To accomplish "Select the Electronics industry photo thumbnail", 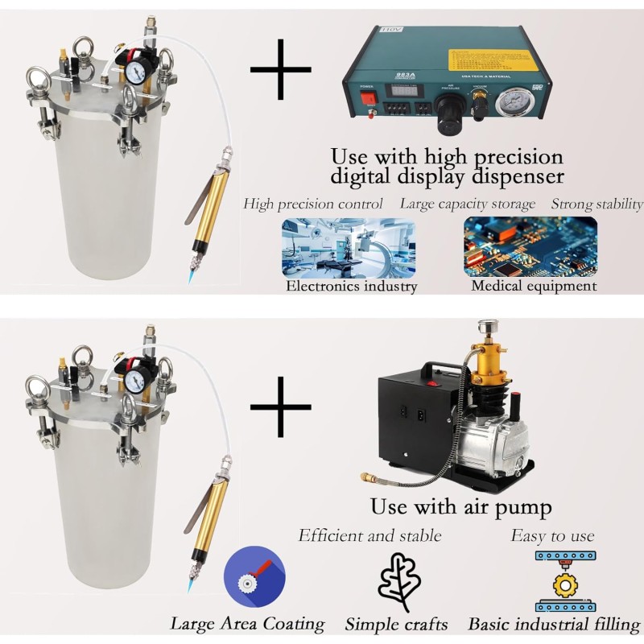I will pyautogui.click(x=330, y=246).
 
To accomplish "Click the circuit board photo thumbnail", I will pyautogui.click(x=530, y=246).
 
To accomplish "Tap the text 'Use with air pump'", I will pyautogui.click(x=460, y=507).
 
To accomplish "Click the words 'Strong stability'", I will pyautogui.click(x=597, y=204).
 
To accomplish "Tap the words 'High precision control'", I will pyautogui.click(x=313, y=204).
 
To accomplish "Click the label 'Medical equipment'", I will pyautogui.click(x=534, y=286).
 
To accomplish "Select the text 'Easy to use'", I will pyautogui.click(x=552, y=535).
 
